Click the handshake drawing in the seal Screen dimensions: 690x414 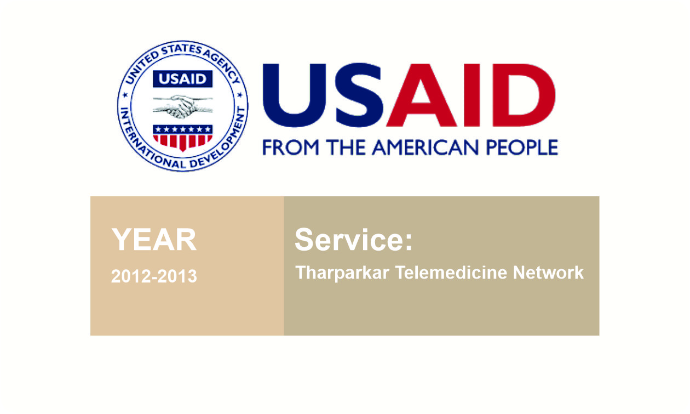pos(183,106)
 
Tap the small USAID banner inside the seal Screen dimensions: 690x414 pos(183,79)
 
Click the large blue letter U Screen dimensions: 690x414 pos(294,95)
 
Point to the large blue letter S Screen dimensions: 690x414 pos(359,95)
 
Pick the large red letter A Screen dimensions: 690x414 pos(422,95)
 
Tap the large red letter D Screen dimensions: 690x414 pos(524,95)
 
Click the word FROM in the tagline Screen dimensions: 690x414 pos(290,148)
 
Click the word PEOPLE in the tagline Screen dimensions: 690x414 pos(522,148)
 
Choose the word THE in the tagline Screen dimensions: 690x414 pos(346,148)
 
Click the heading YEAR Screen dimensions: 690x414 pos(154,240)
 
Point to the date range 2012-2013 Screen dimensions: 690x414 pos(154,276)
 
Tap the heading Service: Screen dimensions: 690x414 pos(353,240)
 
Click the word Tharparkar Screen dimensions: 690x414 pos(342,273)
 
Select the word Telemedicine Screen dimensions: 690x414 pos(451,273)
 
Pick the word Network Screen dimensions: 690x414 pos(548,273)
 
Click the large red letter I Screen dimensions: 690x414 pos(472,95)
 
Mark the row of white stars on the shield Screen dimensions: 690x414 pos(183,129)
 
